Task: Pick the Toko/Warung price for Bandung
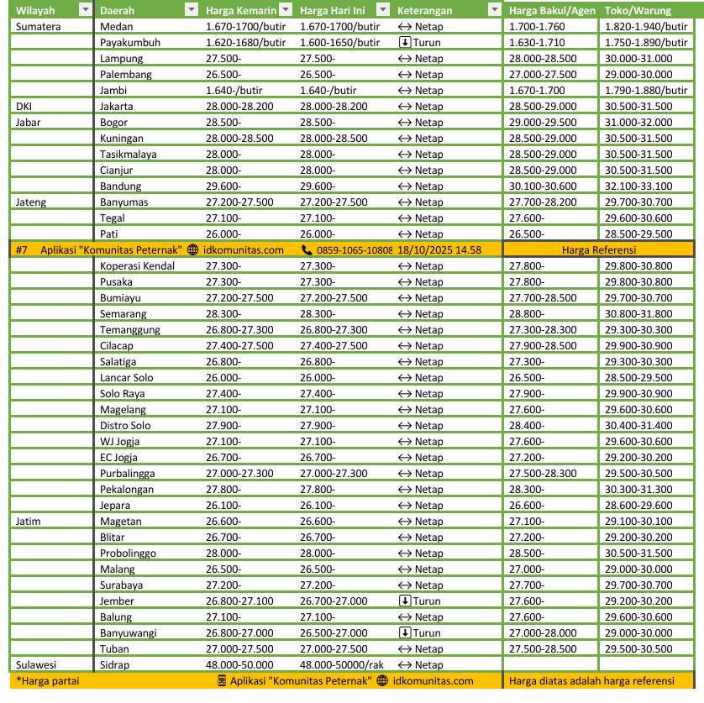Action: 638,186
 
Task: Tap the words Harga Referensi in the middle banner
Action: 598,249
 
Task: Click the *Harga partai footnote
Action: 48,681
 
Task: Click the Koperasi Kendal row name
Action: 138,265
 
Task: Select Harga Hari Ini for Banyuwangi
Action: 334,633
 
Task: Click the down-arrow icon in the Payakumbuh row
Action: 405,43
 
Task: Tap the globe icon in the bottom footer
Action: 382,681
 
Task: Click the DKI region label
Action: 24,107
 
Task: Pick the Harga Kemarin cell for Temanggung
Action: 239,329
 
